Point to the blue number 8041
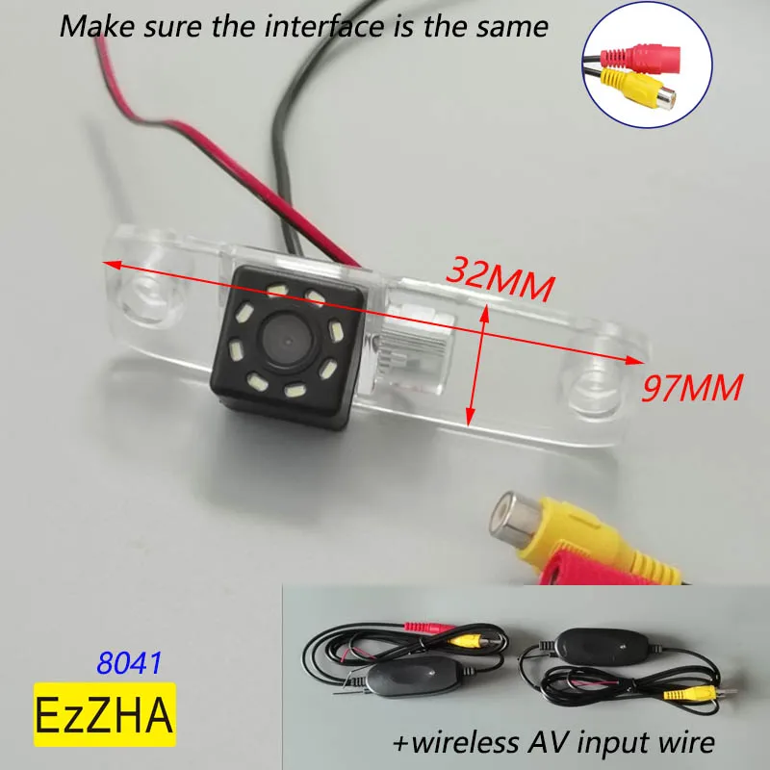pos(129,663)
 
